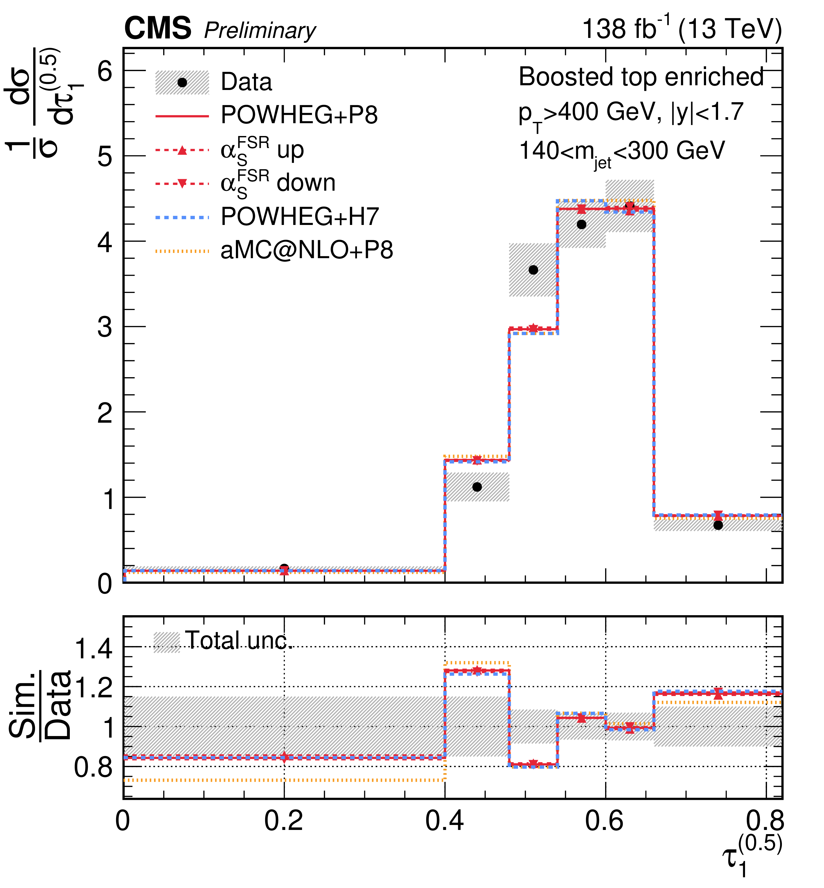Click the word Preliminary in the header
pyautogui.click(x=260, y=31)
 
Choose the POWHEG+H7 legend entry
pyautogui.click(x=300, y=217)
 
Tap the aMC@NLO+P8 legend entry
pyautogui.click(x=307, y=250)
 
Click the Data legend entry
pyautogui.click(x=246, y=82)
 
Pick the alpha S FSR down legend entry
pyautogui.click(x=278, y=183)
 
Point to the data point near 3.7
pyautogui.click(x=533, y=270)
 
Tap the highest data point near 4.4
pyautogui.click(x=630, y=206)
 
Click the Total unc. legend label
pyautogui.click(x=238, y=641)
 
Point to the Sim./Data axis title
pyautogui.click(x=40, y=705)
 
